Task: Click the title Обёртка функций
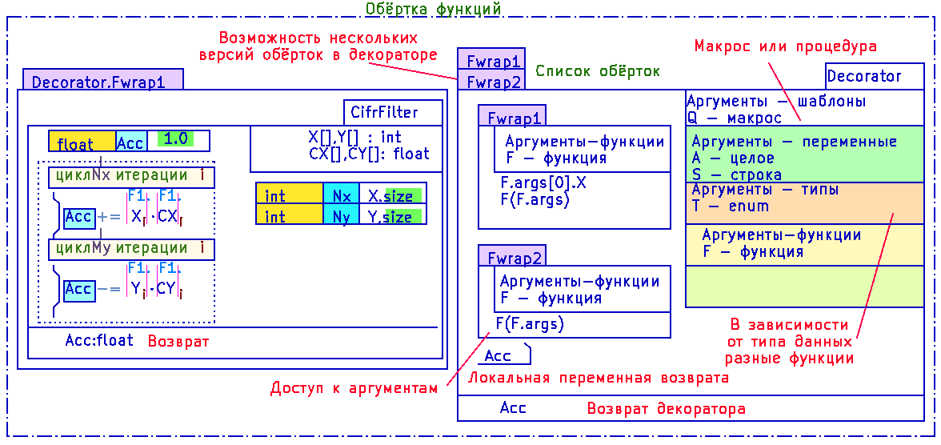[433, 9]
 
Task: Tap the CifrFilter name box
[393, 112]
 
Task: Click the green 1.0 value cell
[176, 139]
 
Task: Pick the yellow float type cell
[82, 142]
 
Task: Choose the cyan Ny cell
[342, 215]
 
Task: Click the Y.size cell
[393, 215]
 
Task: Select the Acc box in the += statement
[79, 217]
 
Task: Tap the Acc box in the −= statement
[79, 290]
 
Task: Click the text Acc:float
[99, 341]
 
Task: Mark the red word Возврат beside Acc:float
[178, 341]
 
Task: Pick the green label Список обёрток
[597, 71]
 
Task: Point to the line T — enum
[730, 206]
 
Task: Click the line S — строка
[736, 174]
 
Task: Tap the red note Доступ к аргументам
[351, 388]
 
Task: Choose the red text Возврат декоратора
[666, 409]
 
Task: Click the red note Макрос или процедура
[786, 46]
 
